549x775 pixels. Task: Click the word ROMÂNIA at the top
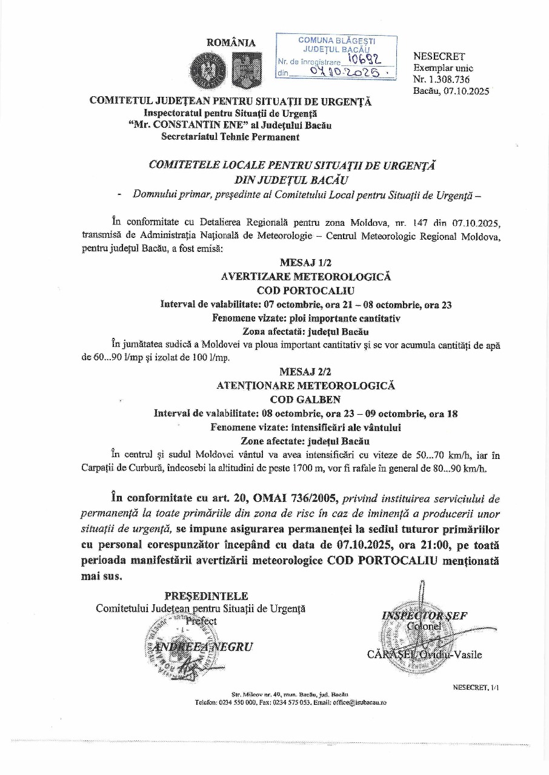coord(231,43)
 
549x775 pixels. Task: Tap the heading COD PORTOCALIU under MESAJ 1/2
coord(305,291)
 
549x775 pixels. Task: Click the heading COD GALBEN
coord(305,400)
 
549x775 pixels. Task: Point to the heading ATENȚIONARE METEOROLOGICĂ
coord(305,386)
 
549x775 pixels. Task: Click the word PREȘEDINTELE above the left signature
coord(206,596)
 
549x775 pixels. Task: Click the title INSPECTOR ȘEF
coord(424,616)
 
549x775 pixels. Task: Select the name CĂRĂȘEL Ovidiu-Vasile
coord(424,655)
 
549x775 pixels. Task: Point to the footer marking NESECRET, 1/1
coord(476,687)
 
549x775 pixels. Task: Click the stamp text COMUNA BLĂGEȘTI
coord(336,40)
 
